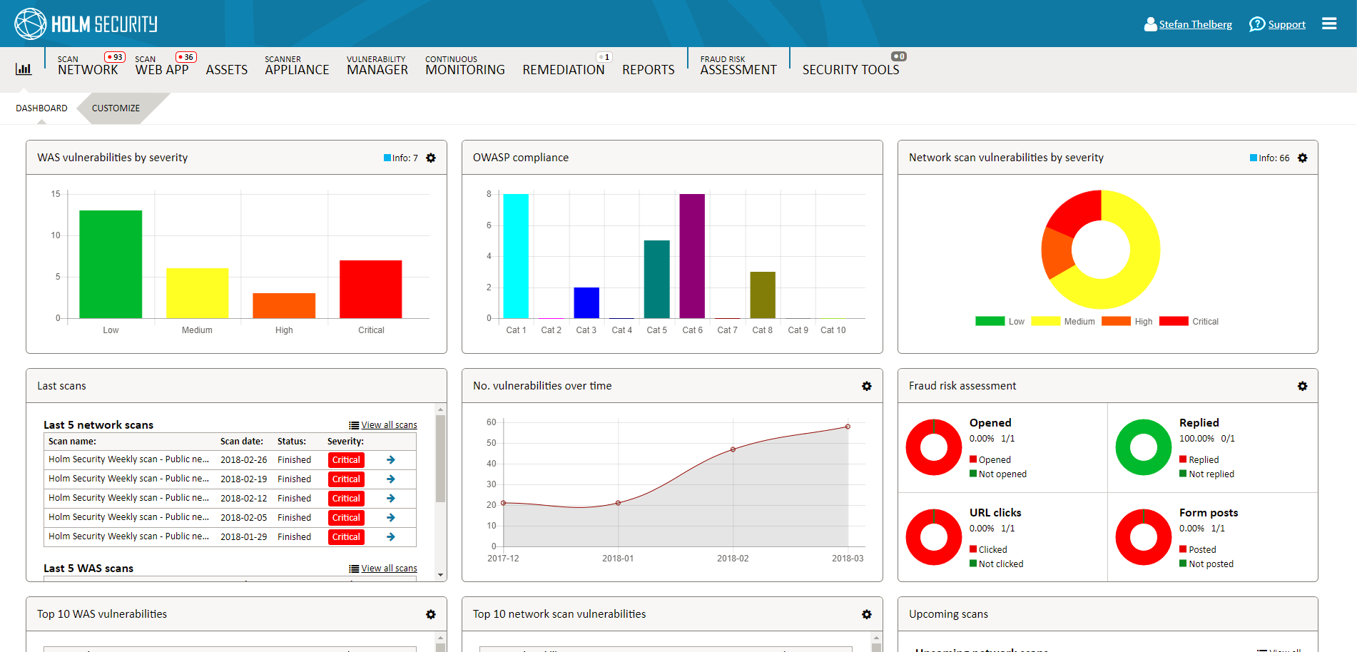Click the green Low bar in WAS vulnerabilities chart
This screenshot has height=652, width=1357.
click(111, 264)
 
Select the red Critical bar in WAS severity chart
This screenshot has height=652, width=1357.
click(370, 289)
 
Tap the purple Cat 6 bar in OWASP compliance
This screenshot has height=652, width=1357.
click(691, 255)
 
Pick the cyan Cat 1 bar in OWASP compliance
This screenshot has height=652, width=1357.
click(516, 255)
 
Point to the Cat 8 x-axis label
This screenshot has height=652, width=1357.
click(762, 330)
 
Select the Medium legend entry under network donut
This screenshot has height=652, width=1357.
click(1079, 322)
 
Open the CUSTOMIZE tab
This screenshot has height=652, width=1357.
click(116, 108)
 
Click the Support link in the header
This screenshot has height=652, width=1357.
click(1286, 24)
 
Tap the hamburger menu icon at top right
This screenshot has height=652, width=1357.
click(1328, 24)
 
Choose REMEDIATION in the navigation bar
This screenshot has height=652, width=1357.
click(563, 70)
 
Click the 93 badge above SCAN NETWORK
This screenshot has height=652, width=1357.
click(115, 57)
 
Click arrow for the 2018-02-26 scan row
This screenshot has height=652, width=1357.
click(391, 460)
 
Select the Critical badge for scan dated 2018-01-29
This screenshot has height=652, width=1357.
click(346, 537)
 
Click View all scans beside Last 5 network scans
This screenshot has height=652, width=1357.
click(389, 425)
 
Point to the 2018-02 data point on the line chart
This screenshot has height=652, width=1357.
click(733, 449)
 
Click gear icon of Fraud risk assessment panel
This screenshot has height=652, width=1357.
click(1302, 386)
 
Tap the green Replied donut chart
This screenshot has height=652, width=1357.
click(1143, 447)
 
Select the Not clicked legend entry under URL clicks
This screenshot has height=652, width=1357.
click(1000, 564)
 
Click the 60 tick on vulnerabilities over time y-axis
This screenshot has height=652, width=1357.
click(492, 422)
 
